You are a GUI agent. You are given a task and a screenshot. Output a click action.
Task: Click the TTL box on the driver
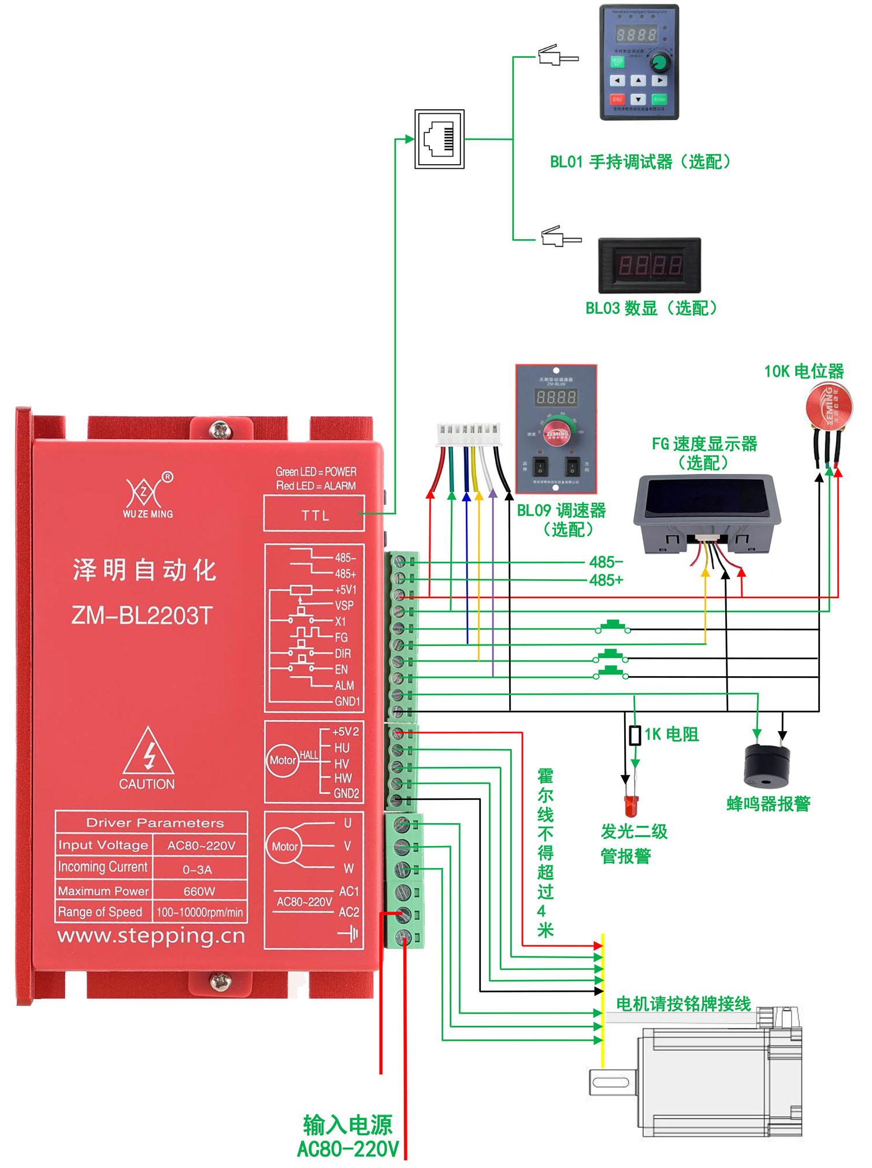pos(314,514)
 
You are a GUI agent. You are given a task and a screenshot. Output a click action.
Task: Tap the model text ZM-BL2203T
pos(142,615)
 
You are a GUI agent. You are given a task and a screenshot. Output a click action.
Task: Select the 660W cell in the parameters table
pos(199,891)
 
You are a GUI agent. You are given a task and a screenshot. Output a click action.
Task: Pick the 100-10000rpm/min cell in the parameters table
pos(199,913)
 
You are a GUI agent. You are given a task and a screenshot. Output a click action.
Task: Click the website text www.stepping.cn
pos(151,936)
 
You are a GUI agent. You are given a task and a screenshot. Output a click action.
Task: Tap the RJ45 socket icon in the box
pos(439,139)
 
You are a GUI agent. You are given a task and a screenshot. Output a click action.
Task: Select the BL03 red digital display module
pos(650,265)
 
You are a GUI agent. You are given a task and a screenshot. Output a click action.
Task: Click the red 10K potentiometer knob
pos(829,406)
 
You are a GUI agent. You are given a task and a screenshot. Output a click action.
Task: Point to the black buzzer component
pos(767,766)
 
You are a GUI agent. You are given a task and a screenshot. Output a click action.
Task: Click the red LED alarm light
pos(631,804)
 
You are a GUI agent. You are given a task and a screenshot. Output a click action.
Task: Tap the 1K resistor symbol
pos(634,736)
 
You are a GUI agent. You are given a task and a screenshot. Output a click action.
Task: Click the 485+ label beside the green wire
pos(606,580)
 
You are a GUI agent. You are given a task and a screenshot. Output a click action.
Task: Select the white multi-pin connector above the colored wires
pos(469,434)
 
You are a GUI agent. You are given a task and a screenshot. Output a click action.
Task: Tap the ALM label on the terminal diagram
pos(344,685)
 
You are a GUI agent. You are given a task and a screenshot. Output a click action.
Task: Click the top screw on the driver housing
pos(220,430)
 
